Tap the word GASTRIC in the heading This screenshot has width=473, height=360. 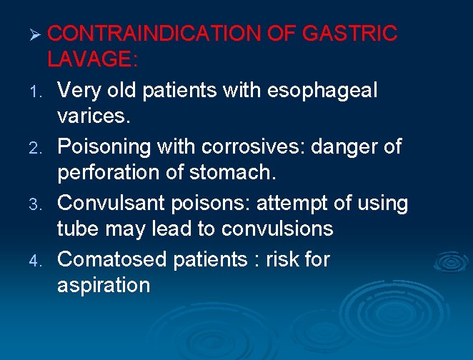pyautogui.click(x=350, y=34)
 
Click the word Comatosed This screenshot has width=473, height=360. pyautogui.click(x=114, y=259)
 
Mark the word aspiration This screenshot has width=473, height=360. pyautogui.click(x=104, y=286)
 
